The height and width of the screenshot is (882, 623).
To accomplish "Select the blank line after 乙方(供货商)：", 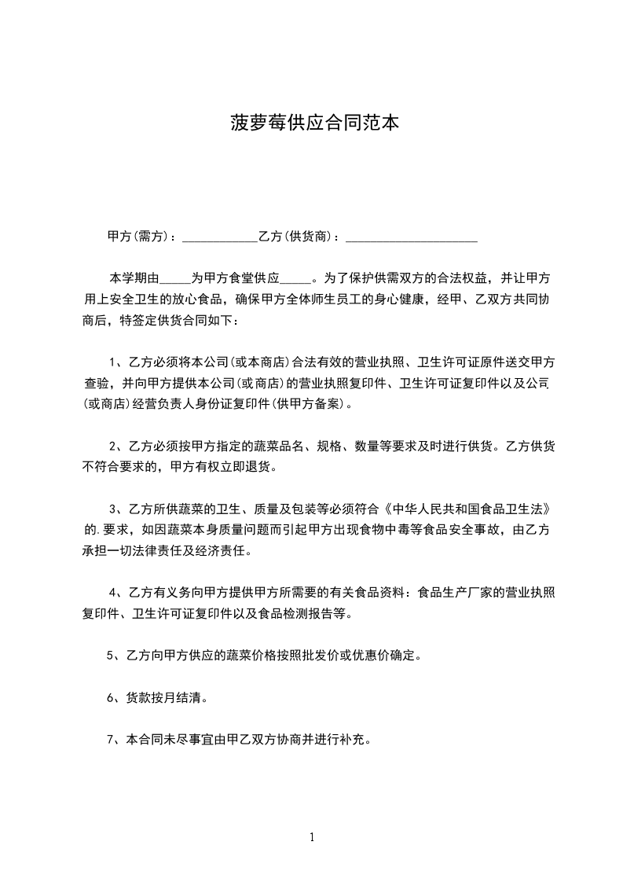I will pos(412,238).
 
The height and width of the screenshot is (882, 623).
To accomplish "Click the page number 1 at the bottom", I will pos(312,837).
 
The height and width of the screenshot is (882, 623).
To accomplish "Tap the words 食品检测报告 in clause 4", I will pos(291,614).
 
